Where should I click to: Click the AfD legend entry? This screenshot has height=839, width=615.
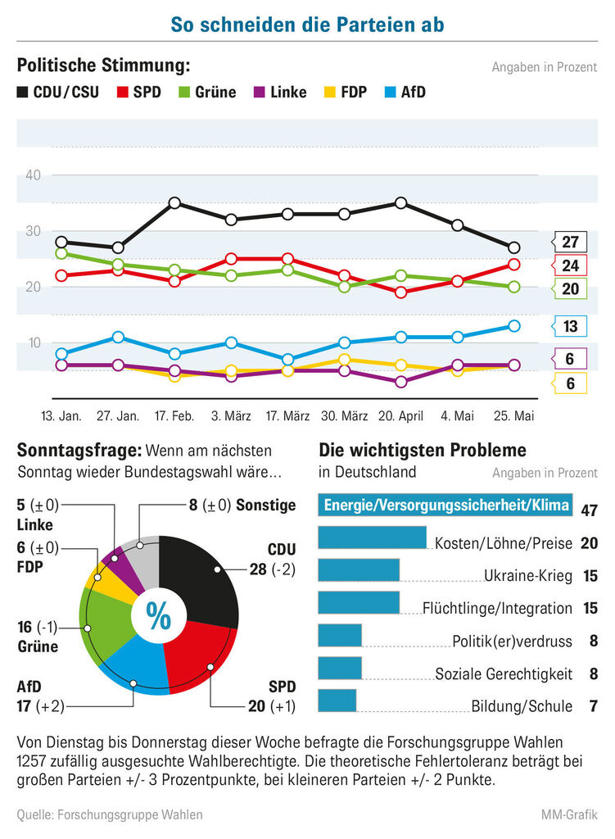(405, 92)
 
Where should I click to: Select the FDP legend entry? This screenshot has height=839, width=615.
(346, 92)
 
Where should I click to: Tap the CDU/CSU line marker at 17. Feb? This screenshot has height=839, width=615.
(174, 203)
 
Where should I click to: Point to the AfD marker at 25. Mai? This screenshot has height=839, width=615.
(514, 326)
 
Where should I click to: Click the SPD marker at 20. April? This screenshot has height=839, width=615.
(401, 293)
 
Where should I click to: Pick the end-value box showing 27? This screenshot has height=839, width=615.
(569, 242)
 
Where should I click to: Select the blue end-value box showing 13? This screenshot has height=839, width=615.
(569, 326)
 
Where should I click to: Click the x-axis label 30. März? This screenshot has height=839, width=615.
(345, 415)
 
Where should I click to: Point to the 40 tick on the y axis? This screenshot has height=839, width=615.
(33, 175)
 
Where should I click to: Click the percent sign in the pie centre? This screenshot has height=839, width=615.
(158, 616)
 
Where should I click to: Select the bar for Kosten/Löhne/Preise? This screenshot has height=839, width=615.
(373, 537)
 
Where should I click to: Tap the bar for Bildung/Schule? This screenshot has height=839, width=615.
(337, 701)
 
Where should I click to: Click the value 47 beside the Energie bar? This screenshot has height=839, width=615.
(589, 510)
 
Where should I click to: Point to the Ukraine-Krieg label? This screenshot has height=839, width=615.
(528, 576)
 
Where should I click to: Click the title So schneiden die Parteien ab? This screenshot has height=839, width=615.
(308, 25)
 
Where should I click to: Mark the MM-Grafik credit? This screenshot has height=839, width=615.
(569, 814)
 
